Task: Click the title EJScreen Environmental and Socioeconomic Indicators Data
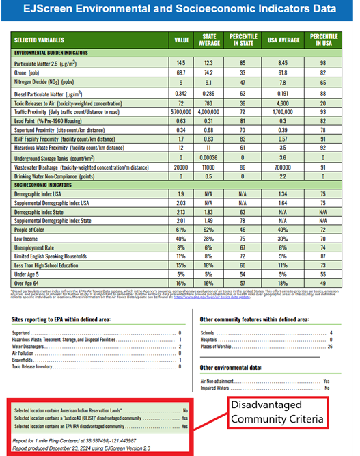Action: (x=180, y=10)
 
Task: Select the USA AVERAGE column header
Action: (x=280, y=40)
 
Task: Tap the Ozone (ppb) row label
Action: (x=31, y=72)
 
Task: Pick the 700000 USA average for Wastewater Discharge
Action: (x=280, y=165)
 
